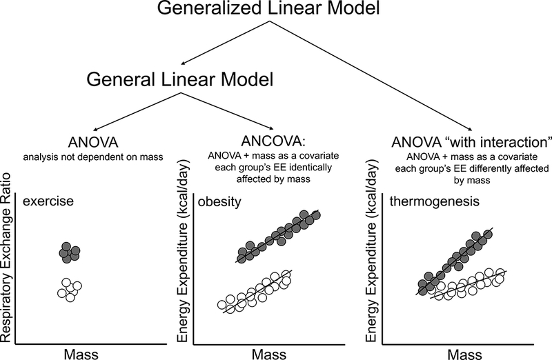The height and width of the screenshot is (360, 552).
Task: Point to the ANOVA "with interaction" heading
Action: (x=452, y=143)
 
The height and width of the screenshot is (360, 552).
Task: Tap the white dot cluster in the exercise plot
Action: (x=69, y=288)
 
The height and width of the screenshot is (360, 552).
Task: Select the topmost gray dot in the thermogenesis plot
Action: (x=487, y=235)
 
